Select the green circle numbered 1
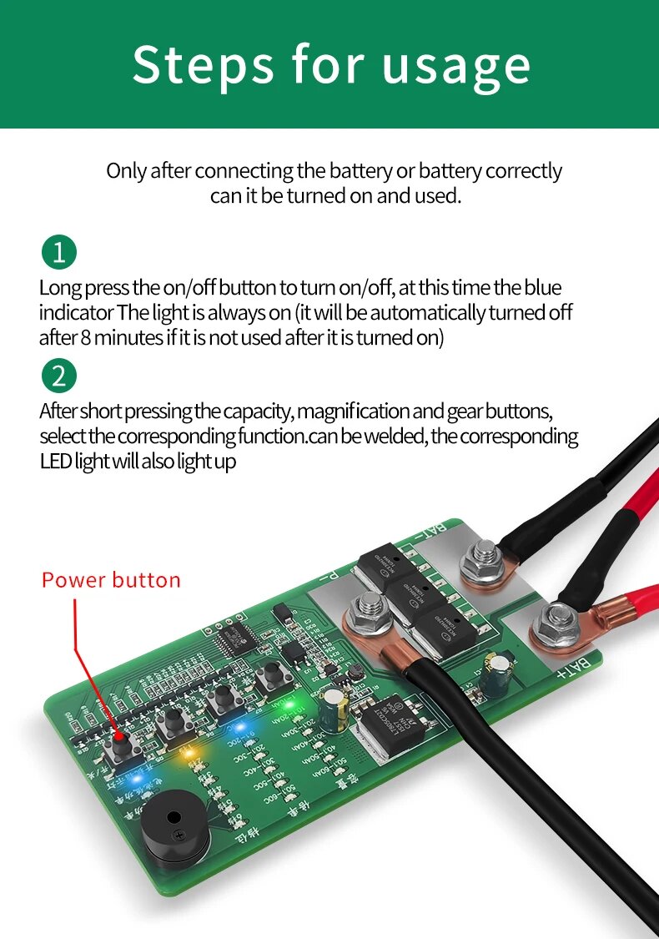[x=58, y=252]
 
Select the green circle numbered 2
[x=58, y=376]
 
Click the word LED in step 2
[x=55, y=462]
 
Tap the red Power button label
[x=111, y=580]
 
